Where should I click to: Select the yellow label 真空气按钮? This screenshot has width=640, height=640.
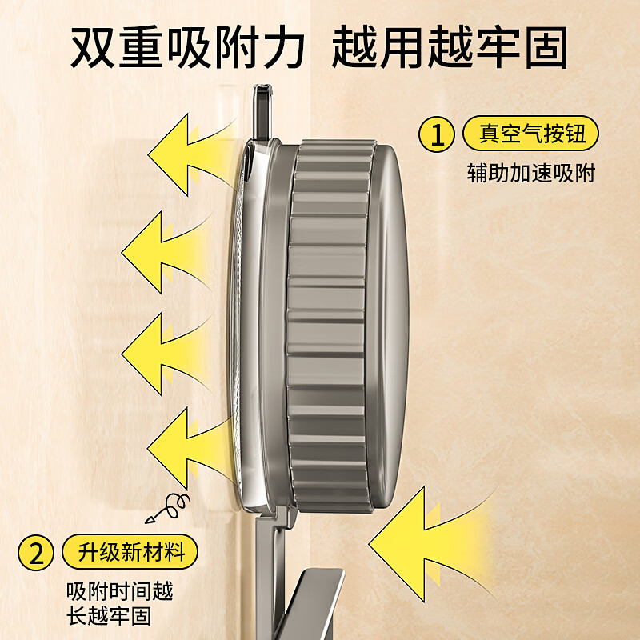(x=531, y=134)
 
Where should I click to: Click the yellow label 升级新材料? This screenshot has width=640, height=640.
(x=128, y=552)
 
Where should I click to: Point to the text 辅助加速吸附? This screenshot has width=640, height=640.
(x=531, y=173)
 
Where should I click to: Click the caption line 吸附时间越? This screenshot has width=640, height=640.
(x=120, y=592)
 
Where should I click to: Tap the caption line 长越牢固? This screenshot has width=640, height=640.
(x=109, y=618)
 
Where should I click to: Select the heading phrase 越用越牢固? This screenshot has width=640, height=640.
(x=450, y=50)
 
